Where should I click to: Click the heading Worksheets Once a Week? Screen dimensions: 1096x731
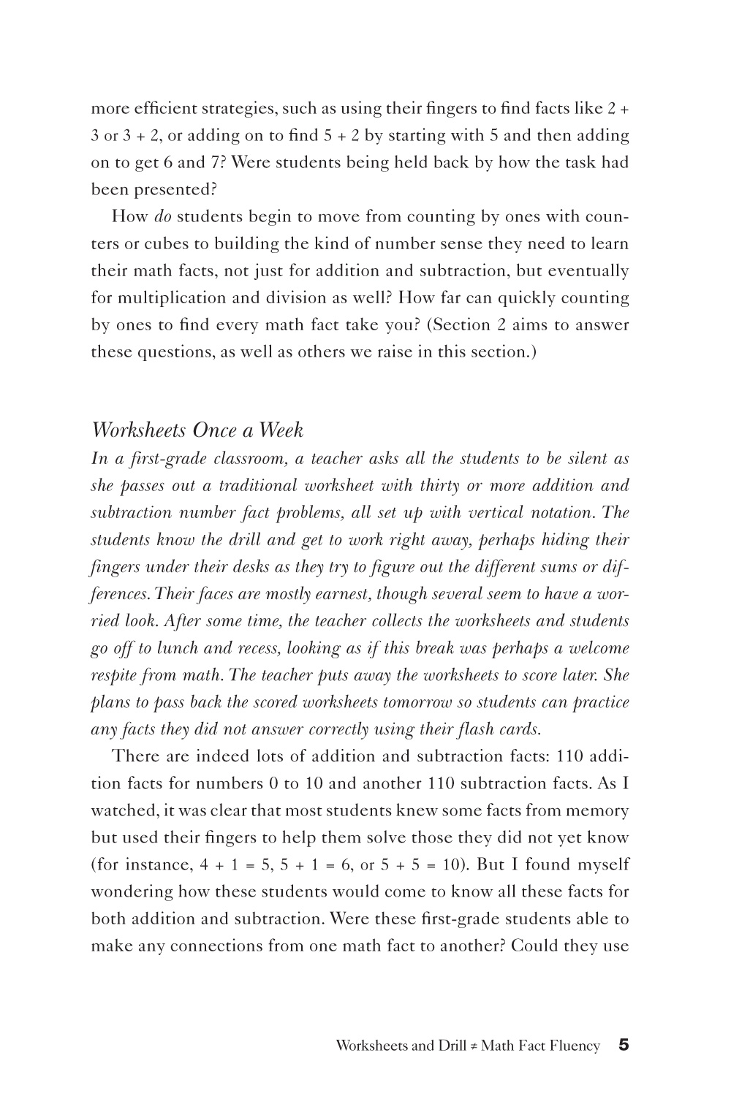[197, 430]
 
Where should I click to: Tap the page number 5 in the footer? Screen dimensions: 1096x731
[624, 1045]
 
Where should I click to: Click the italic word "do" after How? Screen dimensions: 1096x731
[163, 216]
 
